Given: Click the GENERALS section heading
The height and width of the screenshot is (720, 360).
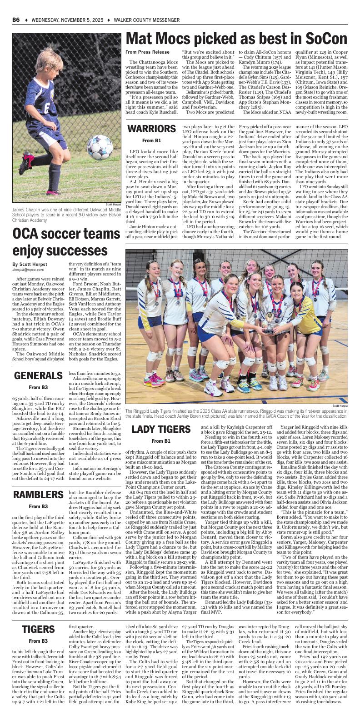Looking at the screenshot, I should tap(38, 376).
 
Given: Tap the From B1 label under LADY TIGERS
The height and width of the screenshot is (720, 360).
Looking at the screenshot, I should tap(161, 441).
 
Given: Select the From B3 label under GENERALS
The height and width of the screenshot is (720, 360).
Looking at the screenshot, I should tap(38, 387).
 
